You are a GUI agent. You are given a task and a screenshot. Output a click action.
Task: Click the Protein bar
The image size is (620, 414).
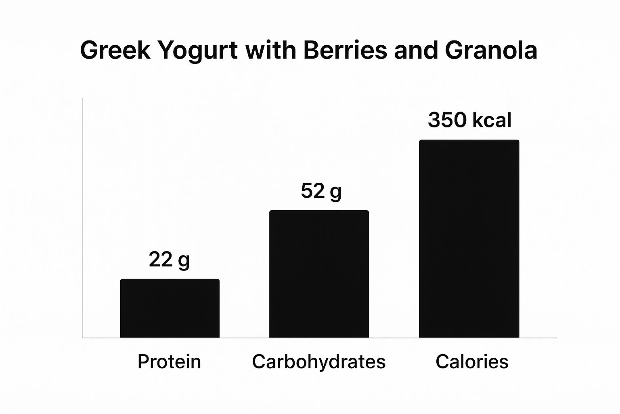[x=170, y=308]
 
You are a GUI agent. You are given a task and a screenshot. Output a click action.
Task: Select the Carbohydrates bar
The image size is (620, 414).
[x=319, y=274]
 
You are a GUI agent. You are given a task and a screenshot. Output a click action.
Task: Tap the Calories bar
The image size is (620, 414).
[x=469, y=239]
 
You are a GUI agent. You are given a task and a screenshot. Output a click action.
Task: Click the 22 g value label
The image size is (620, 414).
[x=169, y=260]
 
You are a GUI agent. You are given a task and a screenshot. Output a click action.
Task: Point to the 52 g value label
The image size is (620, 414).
[x=321, y=191]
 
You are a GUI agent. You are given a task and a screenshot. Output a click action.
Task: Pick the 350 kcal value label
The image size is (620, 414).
[x=469, y=120]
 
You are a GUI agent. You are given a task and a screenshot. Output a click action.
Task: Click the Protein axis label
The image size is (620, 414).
[x=169, y=361]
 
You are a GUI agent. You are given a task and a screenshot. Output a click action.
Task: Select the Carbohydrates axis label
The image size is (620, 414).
[x=318, y=361]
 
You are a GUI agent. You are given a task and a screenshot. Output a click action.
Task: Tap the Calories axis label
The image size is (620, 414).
[x=472, y=361]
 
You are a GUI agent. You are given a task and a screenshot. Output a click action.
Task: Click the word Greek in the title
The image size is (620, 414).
[x=115, y=51]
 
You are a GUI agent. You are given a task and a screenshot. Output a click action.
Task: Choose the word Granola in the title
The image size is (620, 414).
[x=491, y=51]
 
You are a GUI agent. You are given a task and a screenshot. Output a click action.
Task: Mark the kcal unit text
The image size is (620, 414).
[x=492, y=120]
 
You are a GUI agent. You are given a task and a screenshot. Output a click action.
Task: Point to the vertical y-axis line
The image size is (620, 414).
[x=82, y=218]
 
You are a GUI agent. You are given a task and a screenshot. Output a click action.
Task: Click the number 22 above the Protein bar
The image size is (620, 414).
[x=161, y=260]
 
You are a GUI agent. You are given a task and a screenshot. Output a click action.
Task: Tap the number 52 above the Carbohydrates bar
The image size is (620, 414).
[x=312, y=191]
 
